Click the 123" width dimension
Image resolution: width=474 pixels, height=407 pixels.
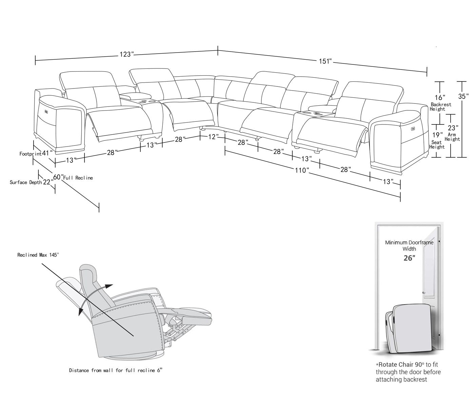[x=126, y=55]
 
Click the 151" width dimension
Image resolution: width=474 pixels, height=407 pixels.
[x=325, y=61]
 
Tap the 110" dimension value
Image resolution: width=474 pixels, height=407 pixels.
[x=302, y=170]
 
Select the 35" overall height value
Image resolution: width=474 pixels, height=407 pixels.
[x=463, y=96]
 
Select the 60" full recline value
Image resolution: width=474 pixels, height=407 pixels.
[x=58, y=177]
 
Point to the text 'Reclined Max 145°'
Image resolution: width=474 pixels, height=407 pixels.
[x=38, y=255]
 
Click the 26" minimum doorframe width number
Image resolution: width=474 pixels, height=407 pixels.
[x=409, y=258]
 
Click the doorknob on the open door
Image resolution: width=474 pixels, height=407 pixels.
[x=424, y=292]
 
